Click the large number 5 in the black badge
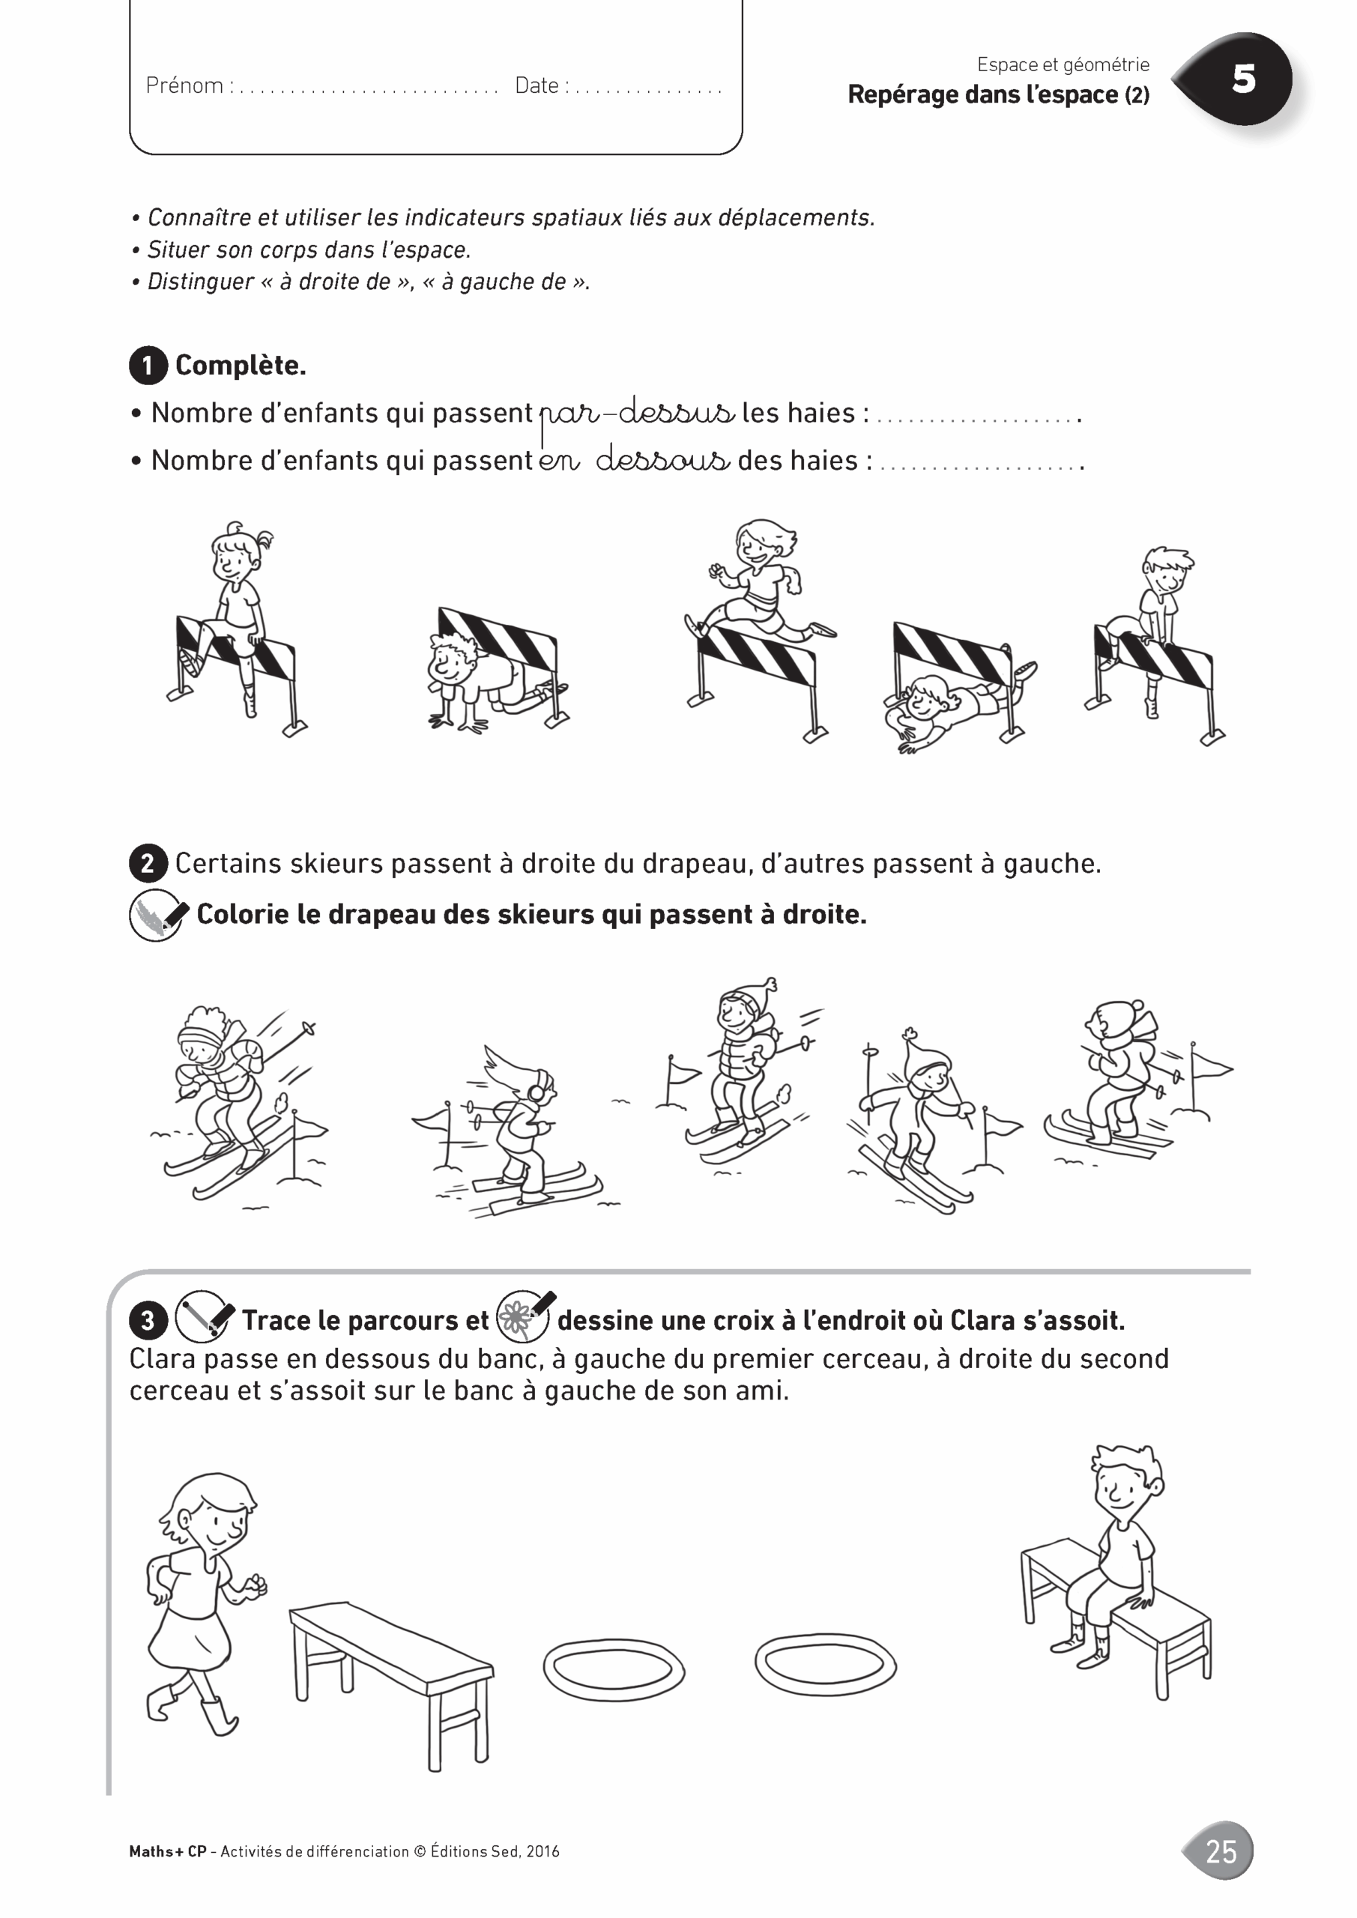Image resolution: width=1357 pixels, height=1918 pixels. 1243,79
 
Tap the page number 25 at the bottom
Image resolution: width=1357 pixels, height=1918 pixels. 1221,1851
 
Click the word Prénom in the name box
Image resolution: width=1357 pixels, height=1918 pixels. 184,85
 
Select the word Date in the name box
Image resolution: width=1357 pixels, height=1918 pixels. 537,85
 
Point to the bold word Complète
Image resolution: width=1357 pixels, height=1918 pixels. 241,365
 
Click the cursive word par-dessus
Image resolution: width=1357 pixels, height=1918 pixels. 637,412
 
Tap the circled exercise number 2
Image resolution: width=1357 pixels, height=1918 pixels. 148,863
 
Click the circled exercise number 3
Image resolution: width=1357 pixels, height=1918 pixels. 148,1321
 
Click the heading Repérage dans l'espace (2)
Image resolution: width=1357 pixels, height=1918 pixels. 999,94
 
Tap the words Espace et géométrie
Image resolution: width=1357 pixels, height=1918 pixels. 1063,64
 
